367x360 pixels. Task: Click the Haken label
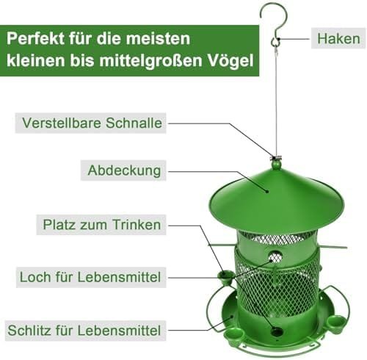click(x=338, y=38)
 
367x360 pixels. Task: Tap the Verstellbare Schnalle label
click(x=92, y=123)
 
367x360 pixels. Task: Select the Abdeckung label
click(x=124, y=170)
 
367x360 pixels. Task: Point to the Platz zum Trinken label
click(x=102, y=225)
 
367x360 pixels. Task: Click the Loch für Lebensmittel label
click(x=90, y=277)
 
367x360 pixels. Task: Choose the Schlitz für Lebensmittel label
click(x=85, y=331)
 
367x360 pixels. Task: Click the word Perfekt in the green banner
click(x=35, y=38)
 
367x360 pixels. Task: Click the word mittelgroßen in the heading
click(x=150, y=60)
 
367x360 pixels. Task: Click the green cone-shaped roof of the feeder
click(x=277, y=200)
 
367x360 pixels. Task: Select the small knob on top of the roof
click(x=276, y=164)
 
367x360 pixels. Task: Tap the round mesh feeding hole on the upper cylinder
click(x=275, y=257)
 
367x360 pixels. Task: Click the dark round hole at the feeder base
click(x=277, y=332)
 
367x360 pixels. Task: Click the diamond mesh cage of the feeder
click(x=277, y=287)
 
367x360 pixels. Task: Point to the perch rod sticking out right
click(x=333, y=246)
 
